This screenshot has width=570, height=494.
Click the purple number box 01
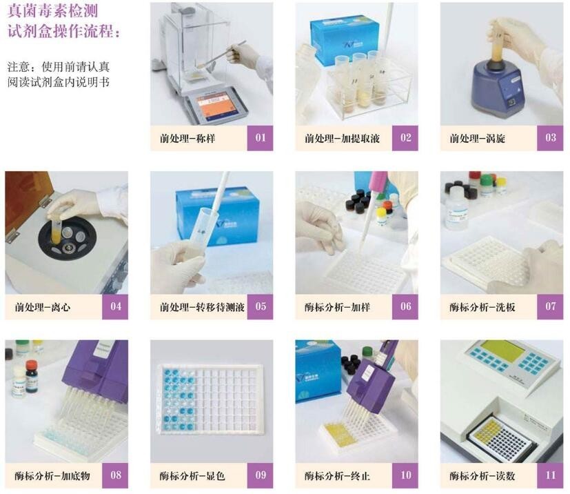260,137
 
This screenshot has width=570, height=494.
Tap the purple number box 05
260,306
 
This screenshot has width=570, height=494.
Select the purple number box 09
260,475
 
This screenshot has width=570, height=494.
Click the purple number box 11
550,475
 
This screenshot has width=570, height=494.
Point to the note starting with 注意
59,75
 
